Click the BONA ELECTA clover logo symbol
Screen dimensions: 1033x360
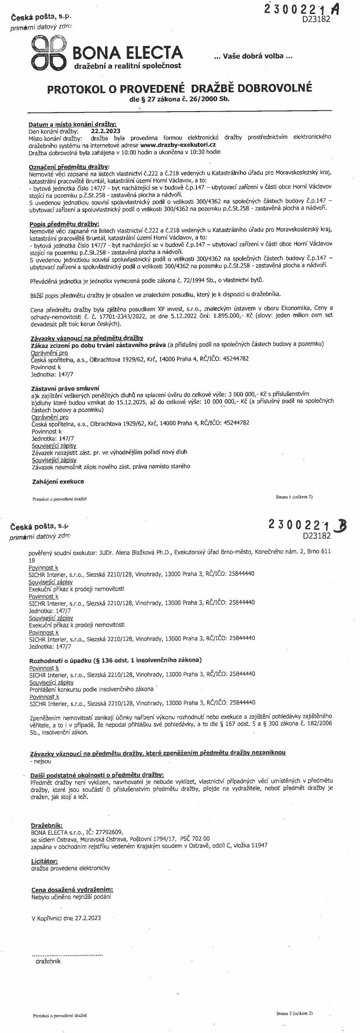tap(48, 52)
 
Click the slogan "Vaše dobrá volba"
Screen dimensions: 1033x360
tap(252, 56)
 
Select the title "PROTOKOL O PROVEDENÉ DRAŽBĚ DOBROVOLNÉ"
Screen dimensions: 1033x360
tap(179, 88)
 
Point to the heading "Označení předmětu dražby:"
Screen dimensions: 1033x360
tap(69, 167)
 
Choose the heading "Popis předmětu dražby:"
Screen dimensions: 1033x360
tap(64, 224)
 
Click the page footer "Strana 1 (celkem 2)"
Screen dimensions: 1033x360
tap(294, 497)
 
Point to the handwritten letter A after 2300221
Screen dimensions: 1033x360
tap(335, 10)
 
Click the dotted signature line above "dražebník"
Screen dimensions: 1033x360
tap(67, 955)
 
